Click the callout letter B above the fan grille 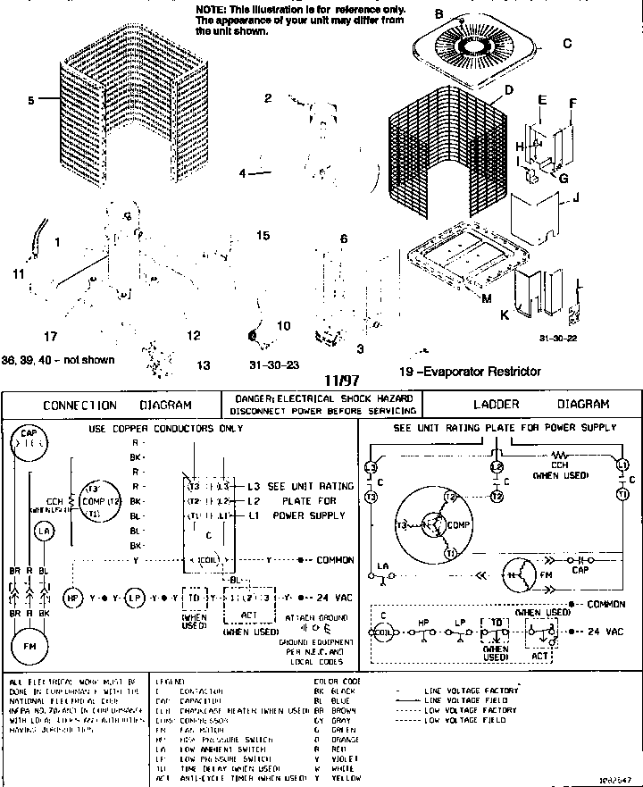click(x=438, y=13)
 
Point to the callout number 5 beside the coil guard click(x=30, y=101)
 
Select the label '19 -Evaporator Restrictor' click(x=470, y=372)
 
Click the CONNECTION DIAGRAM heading click(x=117, y=405)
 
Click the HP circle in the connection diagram click(x=74, y=596)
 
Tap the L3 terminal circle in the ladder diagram click(x=371, y=466)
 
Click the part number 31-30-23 click(x=273, y=364)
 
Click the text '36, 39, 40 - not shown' click(x=58, y=360)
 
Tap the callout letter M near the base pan click(x=486, y=298)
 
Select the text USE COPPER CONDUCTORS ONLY click(x=166, y=429)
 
